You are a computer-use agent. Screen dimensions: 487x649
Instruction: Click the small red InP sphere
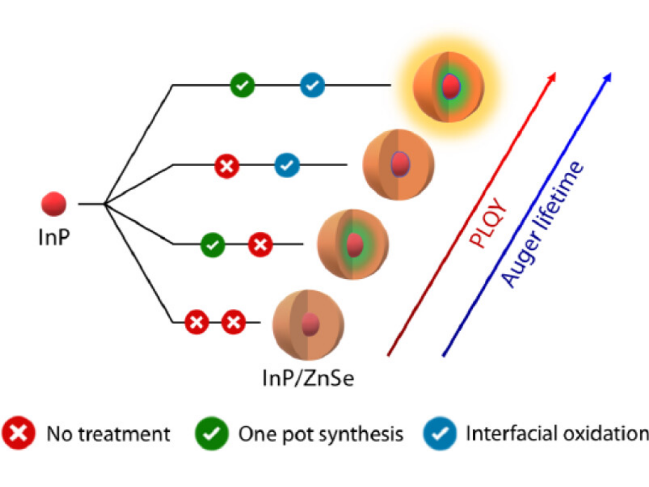54,204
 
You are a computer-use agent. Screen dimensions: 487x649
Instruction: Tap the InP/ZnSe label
308,379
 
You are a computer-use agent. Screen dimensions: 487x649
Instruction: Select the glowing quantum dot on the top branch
449,87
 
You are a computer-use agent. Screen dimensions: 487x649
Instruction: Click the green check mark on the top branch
242,85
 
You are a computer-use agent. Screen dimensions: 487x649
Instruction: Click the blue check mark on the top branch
312,85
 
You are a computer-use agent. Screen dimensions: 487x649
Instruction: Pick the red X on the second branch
226,166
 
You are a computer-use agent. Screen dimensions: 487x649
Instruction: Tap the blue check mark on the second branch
286,166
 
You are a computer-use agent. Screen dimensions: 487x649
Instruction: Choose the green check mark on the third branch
213,245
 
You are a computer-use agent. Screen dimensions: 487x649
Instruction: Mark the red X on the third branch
260,245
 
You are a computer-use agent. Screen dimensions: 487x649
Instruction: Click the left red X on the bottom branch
197,323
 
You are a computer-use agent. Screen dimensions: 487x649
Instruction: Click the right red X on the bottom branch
233,323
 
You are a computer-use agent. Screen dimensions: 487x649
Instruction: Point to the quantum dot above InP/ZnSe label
308,325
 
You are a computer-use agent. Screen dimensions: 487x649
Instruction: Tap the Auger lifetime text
541,225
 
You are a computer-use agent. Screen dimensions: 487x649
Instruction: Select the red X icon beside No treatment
20,434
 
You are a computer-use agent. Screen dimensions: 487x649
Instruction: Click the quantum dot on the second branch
399,165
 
